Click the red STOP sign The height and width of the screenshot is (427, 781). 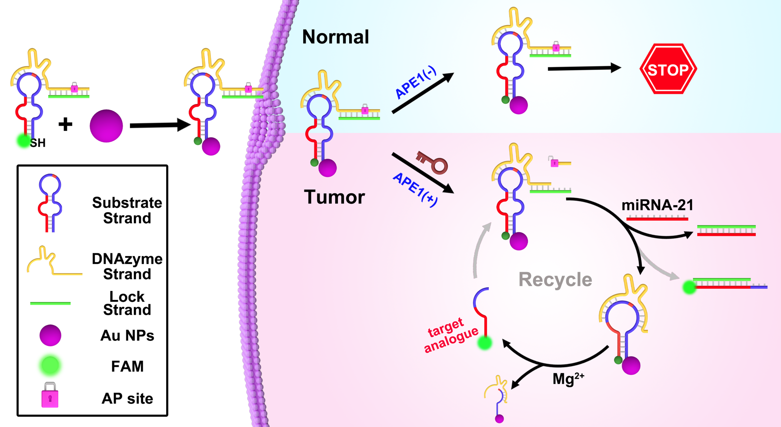[x=668, y=69]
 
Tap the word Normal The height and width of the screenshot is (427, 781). [x=335, y=37]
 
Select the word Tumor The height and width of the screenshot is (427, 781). [x=334, y=197]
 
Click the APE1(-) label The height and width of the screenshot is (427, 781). [x=415, y=83]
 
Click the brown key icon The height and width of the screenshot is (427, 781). [x=432, y=162]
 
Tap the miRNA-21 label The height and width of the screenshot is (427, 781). [x=657, y=205]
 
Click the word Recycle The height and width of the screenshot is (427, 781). [x=555, y=280]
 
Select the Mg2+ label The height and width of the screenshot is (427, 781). [x=568, y=379]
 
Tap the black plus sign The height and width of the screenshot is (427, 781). [x=65, y=125]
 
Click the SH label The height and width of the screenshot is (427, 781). [x=37, y=143]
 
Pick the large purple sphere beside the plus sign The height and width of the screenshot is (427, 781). [x=106, y=126]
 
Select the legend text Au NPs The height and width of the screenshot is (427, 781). [x=127, y=336]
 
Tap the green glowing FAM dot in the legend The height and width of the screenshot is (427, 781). [x=50, y=366]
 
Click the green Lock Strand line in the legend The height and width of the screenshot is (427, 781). [x=50, y=303]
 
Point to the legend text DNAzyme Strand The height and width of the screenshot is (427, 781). [x=127, y=266]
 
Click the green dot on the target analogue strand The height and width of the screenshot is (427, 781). [x=484, y=343]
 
